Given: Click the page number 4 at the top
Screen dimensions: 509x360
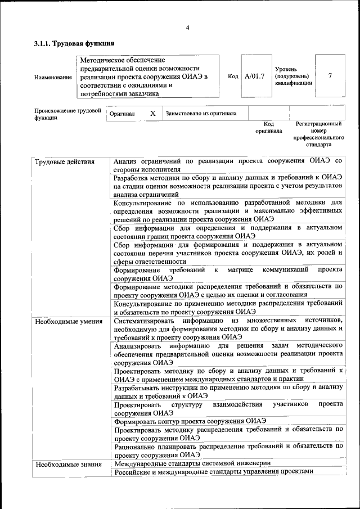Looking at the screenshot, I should coord(187,28).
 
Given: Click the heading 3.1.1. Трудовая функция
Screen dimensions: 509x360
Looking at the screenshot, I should coord(74,43).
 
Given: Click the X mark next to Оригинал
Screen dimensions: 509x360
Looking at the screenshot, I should coord(152,114).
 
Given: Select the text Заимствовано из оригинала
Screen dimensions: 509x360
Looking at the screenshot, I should coord(201,114).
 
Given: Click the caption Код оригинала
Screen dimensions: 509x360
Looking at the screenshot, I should coord(268,127).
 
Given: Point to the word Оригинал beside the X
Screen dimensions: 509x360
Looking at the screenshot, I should coord(121,114).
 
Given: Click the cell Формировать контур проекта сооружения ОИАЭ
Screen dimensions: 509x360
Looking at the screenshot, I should coord(190,421).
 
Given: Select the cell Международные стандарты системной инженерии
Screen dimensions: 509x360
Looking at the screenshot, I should coord(192,463).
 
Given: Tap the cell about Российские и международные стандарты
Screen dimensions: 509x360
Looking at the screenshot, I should coord(213,472).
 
